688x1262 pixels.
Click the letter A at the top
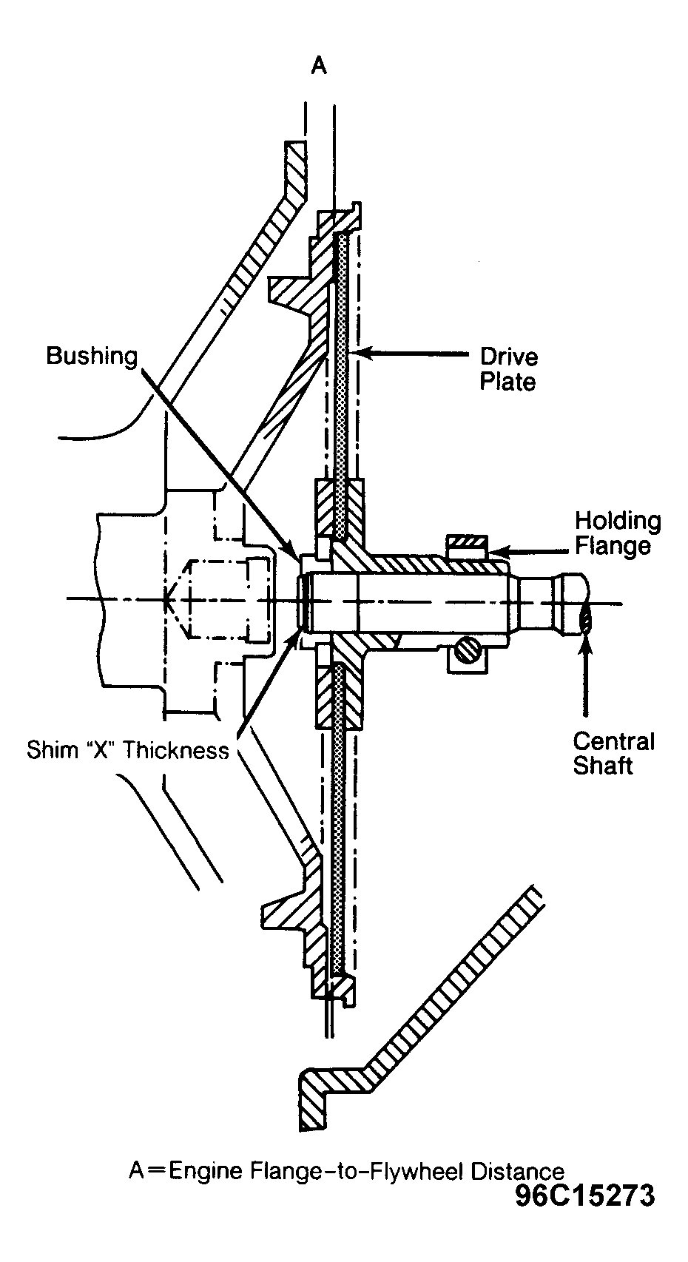point(319,67)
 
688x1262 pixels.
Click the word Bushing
point(92,357)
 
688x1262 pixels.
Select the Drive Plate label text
point(509,370)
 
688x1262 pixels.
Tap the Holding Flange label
point(618,533)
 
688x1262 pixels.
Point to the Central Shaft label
point(613,753)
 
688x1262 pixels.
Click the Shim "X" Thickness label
point(128,750)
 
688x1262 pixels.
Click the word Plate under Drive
point(507,382)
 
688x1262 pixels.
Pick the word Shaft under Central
point(603,766)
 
